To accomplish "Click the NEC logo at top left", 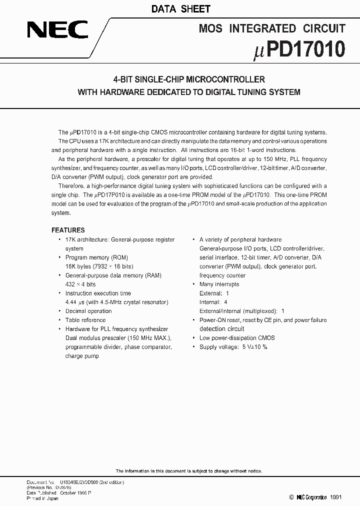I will point(57,30).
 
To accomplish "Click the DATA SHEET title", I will point(180,9).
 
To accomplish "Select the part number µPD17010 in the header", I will point(299,50).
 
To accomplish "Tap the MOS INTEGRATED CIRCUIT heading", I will point(272,28).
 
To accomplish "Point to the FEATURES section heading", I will point(68,230).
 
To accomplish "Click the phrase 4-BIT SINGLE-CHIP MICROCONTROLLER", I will point(188,79).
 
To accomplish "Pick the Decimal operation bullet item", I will point(88,311).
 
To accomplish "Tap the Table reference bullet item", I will point(85,320).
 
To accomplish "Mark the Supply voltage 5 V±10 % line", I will point(233,347).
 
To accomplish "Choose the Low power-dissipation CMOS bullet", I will point(237,338).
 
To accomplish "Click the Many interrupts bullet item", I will point(219,284).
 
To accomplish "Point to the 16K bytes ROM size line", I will point(99,266).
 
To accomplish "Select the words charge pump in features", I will point(82,356).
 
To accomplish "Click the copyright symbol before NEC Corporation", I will point(291,497).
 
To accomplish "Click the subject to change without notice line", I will point(188,471).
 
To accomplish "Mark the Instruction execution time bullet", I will point(98,293).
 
